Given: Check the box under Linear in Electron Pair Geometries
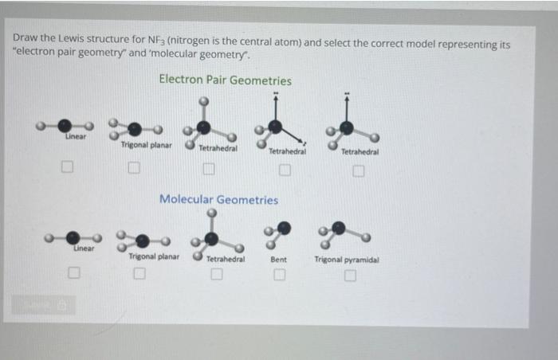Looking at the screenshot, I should pyautogui.click(x=69, y=168).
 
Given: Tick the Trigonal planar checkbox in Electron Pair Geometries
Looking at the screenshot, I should pyautogui.click(x=136, y=169).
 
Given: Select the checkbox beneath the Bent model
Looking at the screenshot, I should pyautogui.click(x=279, y=276).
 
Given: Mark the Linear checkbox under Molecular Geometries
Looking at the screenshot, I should pyautogui.click(x=73, y=273).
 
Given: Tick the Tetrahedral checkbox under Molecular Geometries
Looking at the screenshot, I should pyautogui.click(x=215, y=276).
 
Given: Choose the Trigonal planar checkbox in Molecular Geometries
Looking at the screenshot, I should pyautogui.click(x=139, y=276).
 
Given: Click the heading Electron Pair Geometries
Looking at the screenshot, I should pyautogui.click(x=225, y=80).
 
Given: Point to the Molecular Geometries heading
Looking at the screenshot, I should pyautogui.click(x=219, y=199).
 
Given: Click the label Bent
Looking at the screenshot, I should pyautogui.click(x=279, y=260).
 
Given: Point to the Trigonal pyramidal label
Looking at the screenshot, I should pyautogui.click(x=347, y=260).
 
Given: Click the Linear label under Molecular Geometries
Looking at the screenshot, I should pyautogui.click(x=84, y=249).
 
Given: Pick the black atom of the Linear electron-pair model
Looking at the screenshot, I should pyautogui.click(x=65, y=126).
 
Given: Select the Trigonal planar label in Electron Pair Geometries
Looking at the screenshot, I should pyautogui.click(x=146, y=145).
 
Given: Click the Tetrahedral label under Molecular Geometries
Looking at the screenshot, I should pyautogui.click(x=225, y=260).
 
